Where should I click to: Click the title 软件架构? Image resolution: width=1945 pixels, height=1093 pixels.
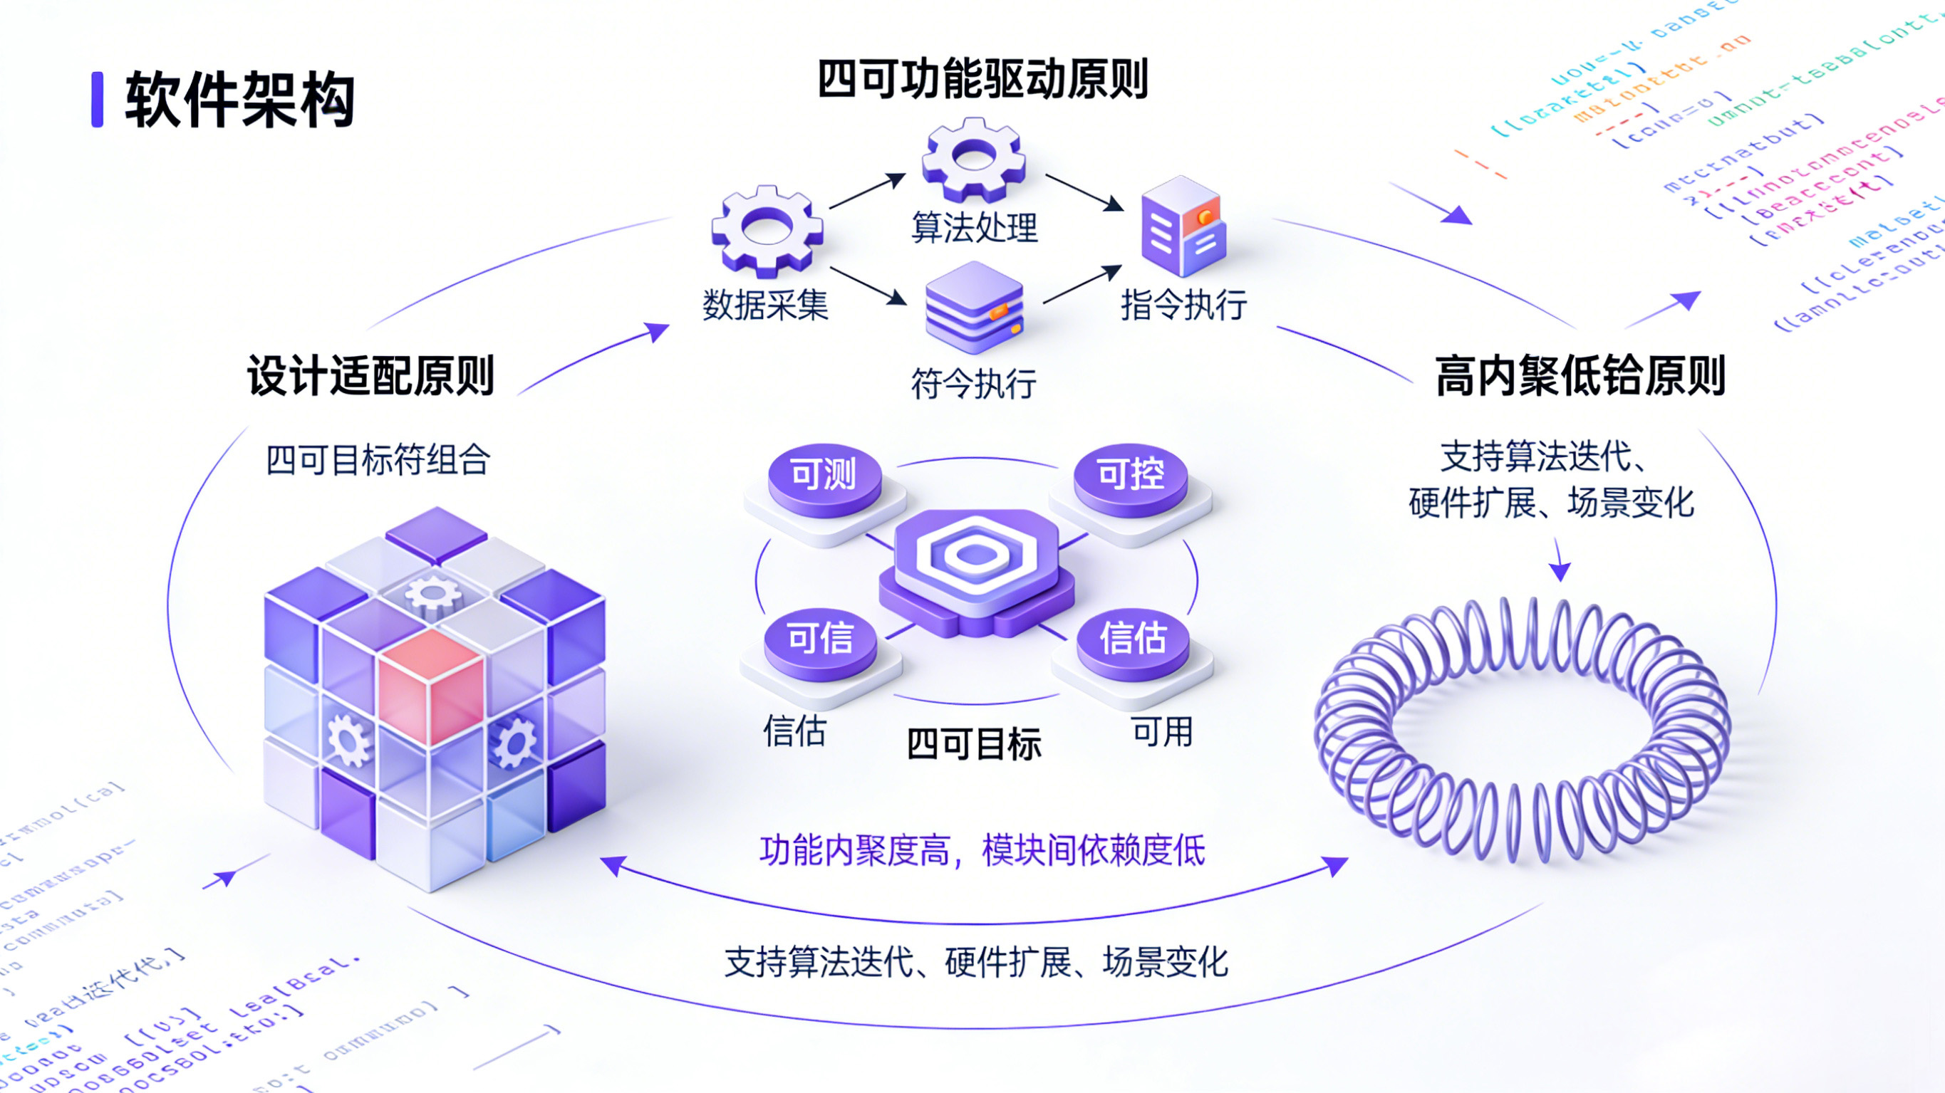(239, 100)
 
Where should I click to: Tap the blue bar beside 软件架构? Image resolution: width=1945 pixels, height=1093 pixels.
(98, 100)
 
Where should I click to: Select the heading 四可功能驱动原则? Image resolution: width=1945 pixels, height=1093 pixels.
(982, 78)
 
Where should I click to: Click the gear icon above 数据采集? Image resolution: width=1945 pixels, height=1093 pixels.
(767, 229)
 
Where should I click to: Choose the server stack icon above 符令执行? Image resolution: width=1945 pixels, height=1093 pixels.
(974, 308)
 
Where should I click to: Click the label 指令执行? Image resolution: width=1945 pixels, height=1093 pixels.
(1183, 305)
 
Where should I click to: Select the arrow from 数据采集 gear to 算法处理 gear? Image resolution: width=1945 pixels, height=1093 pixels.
(868, 190)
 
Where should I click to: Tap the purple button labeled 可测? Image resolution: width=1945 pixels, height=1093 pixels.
(824, 476)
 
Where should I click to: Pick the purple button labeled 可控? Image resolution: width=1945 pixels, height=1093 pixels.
(1130, 476)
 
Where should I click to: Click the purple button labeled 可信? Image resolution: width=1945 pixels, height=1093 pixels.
(820, 640)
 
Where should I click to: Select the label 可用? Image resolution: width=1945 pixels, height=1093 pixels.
(1163, 732)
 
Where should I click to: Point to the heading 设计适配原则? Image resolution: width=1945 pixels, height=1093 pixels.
(370, 375)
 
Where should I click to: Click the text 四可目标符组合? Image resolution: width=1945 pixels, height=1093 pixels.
(378, 460)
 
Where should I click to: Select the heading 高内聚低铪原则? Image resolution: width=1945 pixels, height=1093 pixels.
(1580, 375)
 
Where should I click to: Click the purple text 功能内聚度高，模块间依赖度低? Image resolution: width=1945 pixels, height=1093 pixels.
(982, 852)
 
